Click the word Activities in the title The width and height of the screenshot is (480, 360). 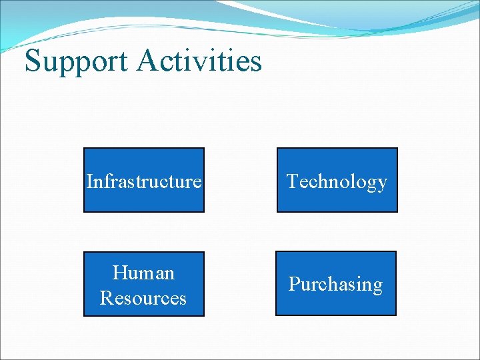coord(200,61)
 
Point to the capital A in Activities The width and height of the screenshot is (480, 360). coord(149,61)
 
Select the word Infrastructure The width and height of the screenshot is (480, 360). coord(144,181)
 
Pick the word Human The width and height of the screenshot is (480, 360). coord(143,273)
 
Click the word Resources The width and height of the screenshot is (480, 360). coord(143,297)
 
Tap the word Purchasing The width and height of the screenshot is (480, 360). coord(335,285)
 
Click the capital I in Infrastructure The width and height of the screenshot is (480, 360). coord(89,181)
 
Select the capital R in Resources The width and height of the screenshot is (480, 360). coord(106,297)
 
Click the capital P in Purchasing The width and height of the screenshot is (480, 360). coord(293,284)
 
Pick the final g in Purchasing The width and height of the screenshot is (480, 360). coord(377,287)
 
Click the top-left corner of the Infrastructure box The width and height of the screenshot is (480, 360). coord(84,149)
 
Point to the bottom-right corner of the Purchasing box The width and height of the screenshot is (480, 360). coord(395,315)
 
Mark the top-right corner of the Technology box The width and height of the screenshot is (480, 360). coord(397,149)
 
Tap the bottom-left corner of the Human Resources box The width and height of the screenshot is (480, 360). coord(84,315)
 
